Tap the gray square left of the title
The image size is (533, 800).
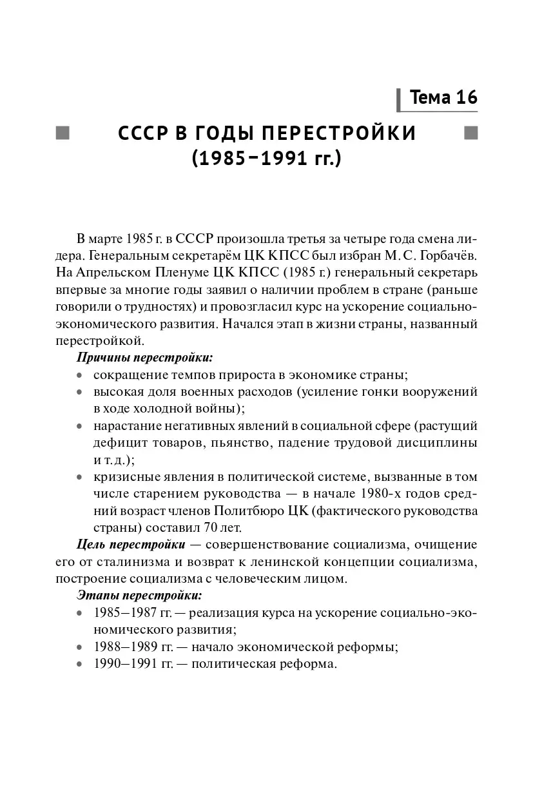63,133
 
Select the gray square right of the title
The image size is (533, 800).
471,133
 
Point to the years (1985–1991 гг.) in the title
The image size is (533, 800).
266,158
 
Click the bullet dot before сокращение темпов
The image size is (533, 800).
79,375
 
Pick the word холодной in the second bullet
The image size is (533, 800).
152,408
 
